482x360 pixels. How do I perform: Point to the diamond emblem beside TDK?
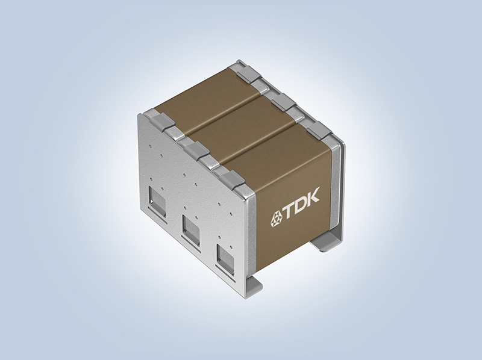pyautogui.click(x=276, y=219)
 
